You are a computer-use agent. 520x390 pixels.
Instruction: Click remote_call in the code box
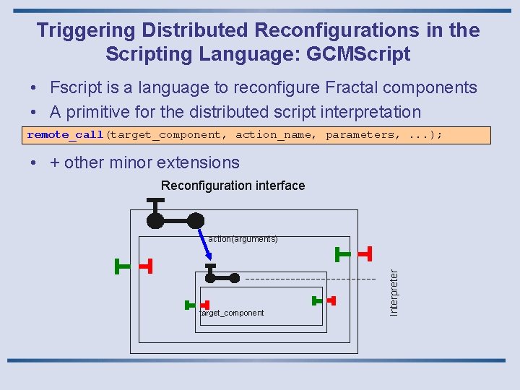click(x=66, y=135)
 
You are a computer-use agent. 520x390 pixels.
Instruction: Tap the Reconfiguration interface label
click(x=233, y=186)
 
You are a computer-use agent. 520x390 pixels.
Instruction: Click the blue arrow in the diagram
click(x=205, y=246)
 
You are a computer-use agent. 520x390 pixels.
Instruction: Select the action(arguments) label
click(x=243, y=238)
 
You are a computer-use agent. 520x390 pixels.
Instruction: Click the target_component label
click(x=232, y=313)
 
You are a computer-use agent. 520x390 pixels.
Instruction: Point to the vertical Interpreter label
click(x=394, y=292)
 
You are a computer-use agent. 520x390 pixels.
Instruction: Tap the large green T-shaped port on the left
click(x=123, y=266)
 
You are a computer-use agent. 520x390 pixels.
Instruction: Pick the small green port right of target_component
click(x=316, y=300)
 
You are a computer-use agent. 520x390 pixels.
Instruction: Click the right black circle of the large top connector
click(x=195, y=221)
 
